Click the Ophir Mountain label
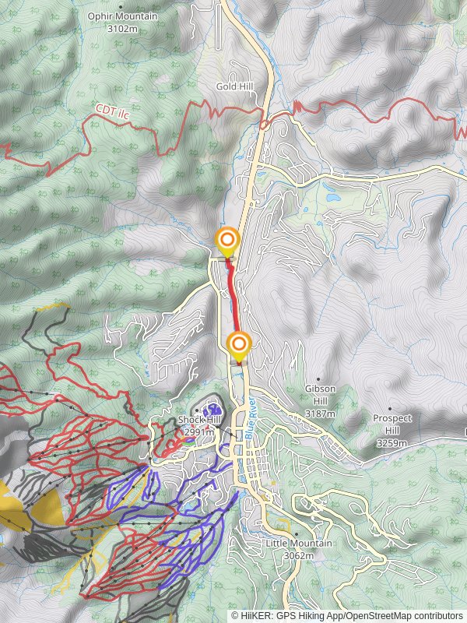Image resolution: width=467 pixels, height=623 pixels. coord(122,16)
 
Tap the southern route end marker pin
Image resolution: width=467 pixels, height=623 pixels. coord(239,346)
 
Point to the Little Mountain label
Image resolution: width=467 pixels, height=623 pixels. coord(299,544)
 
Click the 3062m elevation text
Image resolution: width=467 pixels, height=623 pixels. coord(299,555)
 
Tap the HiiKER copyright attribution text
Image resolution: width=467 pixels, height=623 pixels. coord(347,615)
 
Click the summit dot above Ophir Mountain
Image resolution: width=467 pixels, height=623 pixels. coord(120,6)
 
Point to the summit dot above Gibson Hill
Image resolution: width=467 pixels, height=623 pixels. coord(319,378)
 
